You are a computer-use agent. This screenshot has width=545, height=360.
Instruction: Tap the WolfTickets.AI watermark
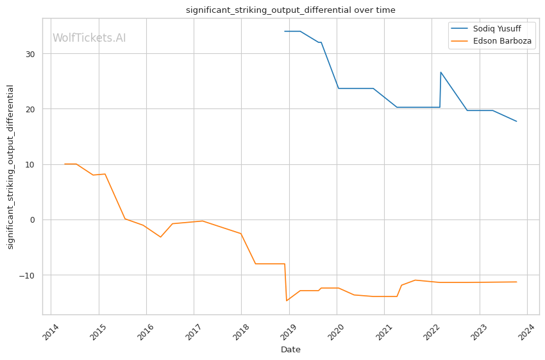[89, 38]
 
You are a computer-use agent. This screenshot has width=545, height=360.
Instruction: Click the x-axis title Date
[290, 350]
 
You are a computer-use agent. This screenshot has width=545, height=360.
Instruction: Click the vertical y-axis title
[10, 166]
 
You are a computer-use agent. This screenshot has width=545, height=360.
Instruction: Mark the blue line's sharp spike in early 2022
[440, 72]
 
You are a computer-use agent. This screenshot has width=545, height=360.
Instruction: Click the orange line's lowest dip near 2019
[287, 300]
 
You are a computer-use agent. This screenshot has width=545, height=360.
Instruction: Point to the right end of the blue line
[516, 121]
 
